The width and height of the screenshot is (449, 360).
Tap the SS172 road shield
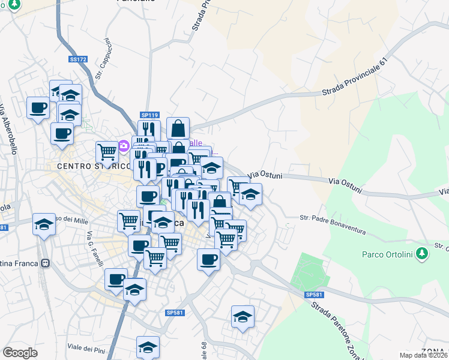click(x=78, y=59)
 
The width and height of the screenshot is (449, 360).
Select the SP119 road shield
click(x=149, y=115)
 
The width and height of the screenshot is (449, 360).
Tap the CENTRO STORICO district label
click(x=94, y=166)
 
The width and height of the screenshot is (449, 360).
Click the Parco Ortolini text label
click(x=390, y=254)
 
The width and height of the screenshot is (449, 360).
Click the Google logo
click(x=20, y=353)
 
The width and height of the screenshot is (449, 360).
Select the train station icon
click(x=44, y=263)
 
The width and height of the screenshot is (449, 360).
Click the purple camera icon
click(x=124, y=145)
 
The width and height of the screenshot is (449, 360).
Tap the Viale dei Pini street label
click(x=86, y=348)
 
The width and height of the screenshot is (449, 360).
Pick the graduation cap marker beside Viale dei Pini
click(x=148, y=347)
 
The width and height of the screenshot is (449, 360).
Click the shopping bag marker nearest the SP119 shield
click(x=178, y=128)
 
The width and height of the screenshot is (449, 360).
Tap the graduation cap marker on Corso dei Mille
click(x=44, y=224)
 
